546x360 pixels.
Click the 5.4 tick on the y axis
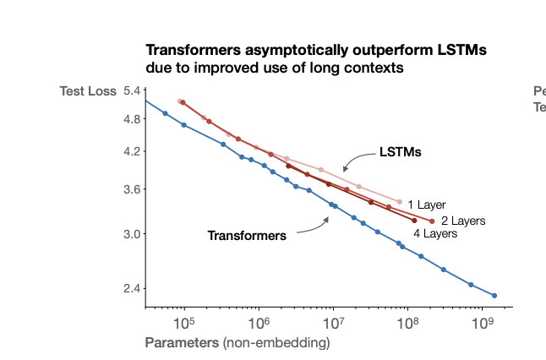133,91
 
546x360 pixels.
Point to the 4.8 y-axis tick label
133,119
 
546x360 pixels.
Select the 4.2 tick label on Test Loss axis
133,152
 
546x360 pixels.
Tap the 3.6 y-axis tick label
133,190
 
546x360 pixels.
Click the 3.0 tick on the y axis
133,234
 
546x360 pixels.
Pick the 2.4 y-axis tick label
133,289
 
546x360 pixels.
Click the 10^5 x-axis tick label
183,323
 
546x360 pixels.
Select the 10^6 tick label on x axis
259,323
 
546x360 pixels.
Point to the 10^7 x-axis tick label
333,323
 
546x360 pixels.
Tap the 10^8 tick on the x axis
407,323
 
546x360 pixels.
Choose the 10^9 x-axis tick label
482,323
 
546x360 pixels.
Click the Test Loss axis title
88,91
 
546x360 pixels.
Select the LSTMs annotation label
400,153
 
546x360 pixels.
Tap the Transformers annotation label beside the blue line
247,235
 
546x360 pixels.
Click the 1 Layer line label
426,205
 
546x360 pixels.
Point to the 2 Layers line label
463,221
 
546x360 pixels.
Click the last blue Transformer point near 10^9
494,296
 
